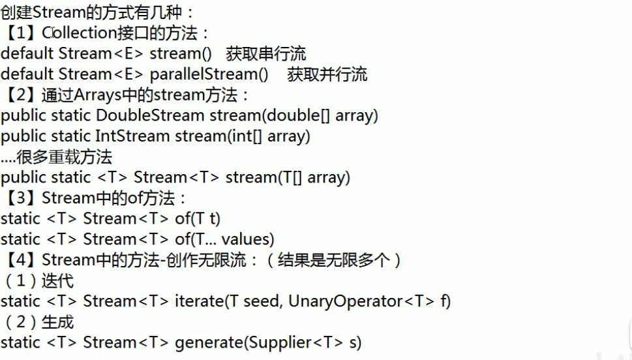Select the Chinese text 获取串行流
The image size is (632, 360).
[x=266, y=53]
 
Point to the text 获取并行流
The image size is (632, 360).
[x=327, y=74]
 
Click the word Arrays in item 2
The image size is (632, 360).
[x=96, y=95]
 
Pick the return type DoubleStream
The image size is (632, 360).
[x=149, y=115]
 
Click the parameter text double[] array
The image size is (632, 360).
[x=320, y=115]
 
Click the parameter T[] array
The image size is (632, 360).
[x=314, y=177]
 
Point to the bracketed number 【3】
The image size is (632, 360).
[x=21, y=198]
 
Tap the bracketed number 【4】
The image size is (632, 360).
[x=21, y=260]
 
